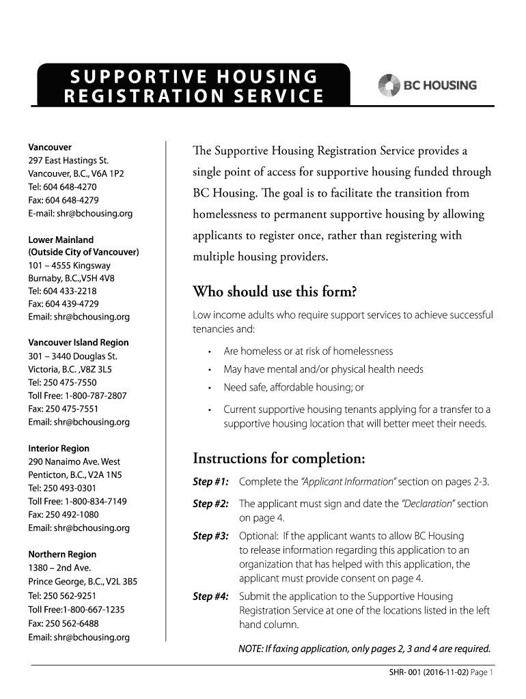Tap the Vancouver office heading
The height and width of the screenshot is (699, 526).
pos(49,147)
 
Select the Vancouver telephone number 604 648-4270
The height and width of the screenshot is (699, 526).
pos(72,187)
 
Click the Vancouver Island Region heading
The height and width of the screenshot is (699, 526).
pos(78,343)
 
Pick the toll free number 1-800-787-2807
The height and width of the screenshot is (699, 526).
pos(96,396)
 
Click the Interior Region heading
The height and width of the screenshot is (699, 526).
pos(58,448)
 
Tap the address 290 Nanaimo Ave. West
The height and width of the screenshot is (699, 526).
pos(74,462)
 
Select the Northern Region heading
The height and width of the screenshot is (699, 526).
pos(62,554)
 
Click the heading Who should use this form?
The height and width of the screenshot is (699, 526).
pos(275,293)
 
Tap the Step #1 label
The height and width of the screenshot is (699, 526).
pos(210,483)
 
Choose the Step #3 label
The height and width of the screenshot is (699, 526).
pos(210,536)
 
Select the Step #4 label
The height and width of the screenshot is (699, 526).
pos(210,597)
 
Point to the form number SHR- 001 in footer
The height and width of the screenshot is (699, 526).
pos(398,673)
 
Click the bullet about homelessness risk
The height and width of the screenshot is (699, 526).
pos(308,352)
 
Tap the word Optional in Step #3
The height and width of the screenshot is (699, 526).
pos(258,536)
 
